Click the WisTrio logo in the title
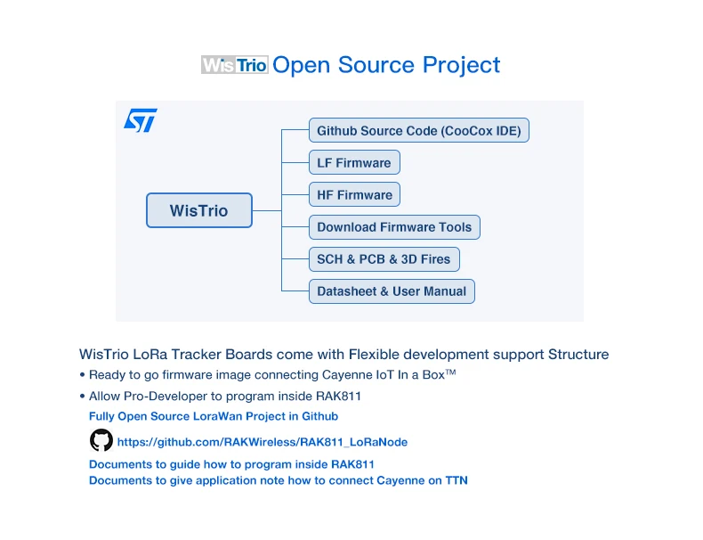[235, 65]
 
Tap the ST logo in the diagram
[141, 120]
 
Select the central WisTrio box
[199, 211]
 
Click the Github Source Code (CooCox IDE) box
[419, 131]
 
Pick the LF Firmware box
[354, 163]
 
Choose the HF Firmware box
[354, 195]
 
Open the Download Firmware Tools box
[394, 227]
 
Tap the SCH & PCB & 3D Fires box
[384, 259]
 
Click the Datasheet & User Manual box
[392, 291]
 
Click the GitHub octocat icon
[101, 440]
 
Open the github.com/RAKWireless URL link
[263, 442]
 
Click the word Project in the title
[461, 65]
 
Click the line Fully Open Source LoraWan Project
[214, 416]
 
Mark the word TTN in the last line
[457, 480]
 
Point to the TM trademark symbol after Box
[451, 372]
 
